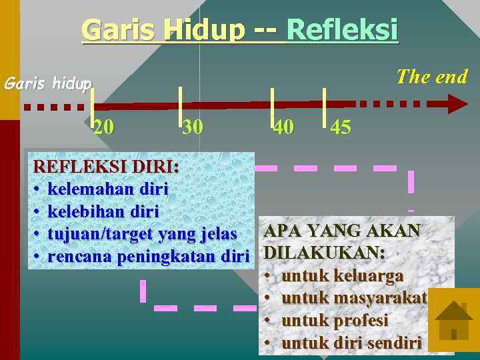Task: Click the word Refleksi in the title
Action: coord(342,30)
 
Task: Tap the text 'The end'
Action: coord(431,77)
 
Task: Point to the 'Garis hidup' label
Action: coord(47,84)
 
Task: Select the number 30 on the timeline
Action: coord(193,127)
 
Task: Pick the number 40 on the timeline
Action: coord(283,127)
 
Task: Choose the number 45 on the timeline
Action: coord(341,127)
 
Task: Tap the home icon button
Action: coord(453,319)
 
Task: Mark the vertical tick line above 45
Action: coord(323,107)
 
